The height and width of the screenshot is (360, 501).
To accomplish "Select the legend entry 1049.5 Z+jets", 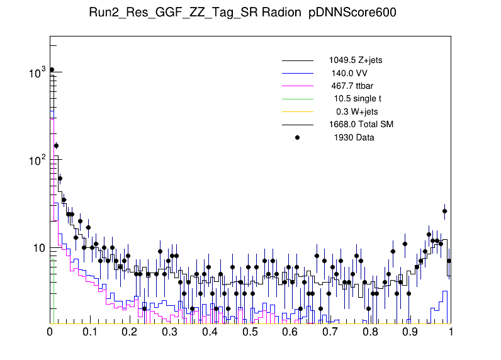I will coord(355,60).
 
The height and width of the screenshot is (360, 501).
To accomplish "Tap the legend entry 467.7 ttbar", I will coord(353,86).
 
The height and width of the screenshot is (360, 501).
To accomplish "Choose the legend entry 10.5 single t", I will coord(357,98).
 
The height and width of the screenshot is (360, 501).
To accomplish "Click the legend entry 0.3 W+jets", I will coord(357,111).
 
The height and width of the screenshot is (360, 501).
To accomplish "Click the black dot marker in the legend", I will coord(297,137).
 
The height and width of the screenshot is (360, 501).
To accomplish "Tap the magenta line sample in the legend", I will coord(297,86).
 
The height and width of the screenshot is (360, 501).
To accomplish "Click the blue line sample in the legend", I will coord(297,73).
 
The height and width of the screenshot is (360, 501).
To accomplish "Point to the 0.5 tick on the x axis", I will coord(250,332).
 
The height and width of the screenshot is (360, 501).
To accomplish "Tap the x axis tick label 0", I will coord(50,332).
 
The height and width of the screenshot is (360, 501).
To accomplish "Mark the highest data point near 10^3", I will coord(52,70).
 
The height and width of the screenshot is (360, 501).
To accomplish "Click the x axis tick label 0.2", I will coord(130,332).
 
